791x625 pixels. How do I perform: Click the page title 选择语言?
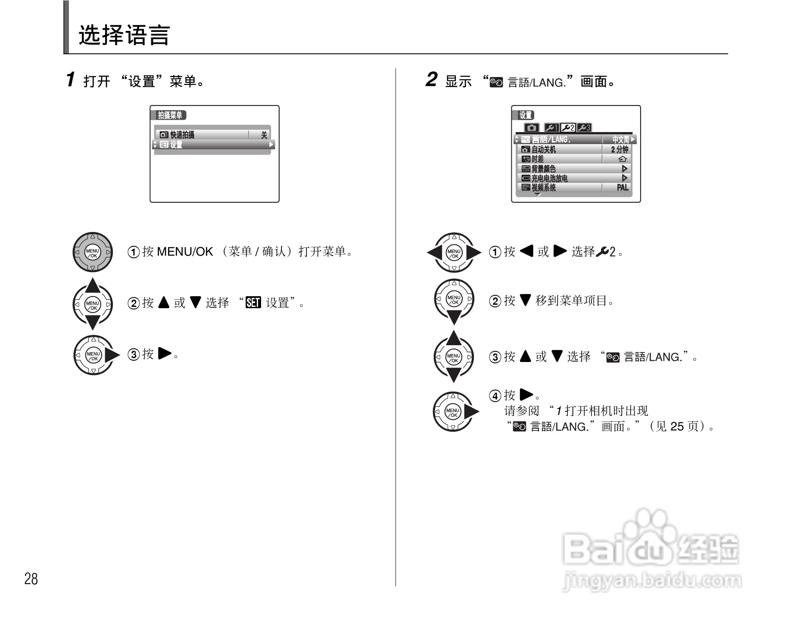pos(124,35)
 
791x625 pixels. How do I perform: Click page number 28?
pos(31,579)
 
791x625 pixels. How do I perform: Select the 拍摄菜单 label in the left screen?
pos(170,115)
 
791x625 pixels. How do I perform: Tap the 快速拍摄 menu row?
pos(182,135)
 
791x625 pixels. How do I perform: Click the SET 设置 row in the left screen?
pos(176,145)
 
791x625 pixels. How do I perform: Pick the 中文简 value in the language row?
pos(620,139)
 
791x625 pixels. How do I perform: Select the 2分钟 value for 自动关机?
pos(620,149)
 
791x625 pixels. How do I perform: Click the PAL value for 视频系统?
pos(622,188)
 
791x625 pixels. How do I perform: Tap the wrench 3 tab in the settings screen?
pos(585,128)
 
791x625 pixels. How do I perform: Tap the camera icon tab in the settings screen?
pos(532,128)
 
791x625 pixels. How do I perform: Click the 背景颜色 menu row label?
pos(543,169)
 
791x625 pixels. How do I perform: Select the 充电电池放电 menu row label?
pos(549,178)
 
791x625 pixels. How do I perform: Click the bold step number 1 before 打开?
pos(71,80)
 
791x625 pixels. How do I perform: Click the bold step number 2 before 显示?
pos(431,80)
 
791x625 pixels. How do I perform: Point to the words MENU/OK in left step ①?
pos(185,252)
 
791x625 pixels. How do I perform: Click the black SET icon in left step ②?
pos(253,303)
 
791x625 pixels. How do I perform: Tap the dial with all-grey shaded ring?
pos(93,253)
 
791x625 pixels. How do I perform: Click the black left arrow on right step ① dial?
pos(434,253)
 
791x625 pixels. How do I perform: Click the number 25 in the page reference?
pos(677,427)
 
